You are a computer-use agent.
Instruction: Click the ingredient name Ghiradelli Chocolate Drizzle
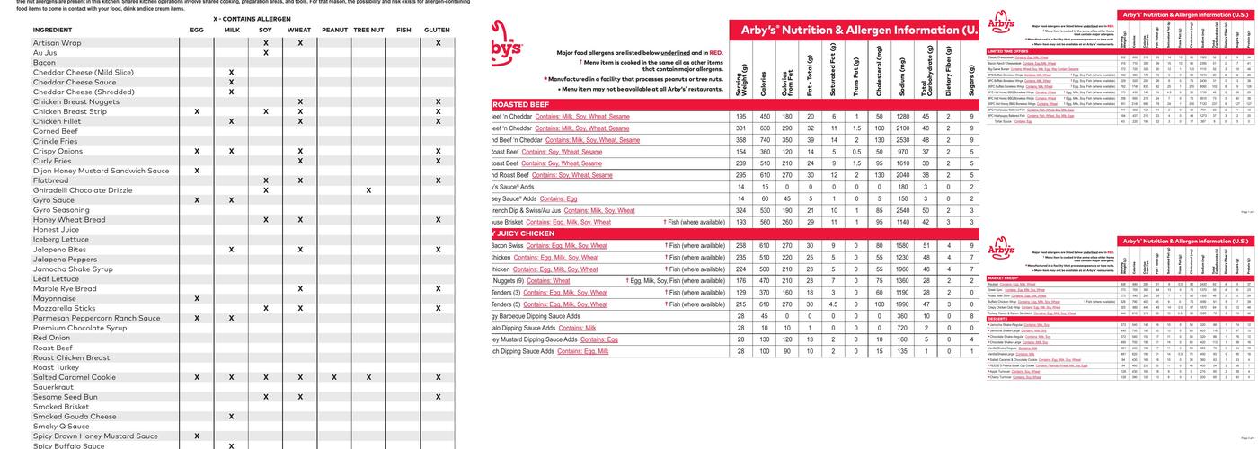[x=82, y=190]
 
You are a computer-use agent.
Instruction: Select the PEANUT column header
[x=334, y=30]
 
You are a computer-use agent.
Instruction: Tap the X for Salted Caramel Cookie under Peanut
[x=334, y=377]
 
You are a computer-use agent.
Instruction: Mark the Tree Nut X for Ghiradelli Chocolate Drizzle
[x=368, y=190]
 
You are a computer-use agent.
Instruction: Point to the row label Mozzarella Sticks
[x=64, y=308]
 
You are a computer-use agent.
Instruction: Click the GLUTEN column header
[x=437, y=30]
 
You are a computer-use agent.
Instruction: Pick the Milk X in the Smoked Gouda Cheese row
[x=231, y=417]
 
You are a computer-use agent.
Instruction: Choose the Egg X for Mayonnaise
[x=197, y=298]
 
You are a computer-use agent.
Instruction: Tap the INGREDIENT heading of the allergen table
[x=52, y=30]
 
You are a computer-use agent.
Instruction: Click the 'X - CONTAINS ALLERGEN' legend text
[x=252, y=18]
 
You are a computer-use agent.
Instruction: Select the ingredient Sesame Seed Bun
[x=66, y=397]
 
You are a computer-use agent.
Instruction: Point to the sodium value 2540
[x=902, y=210]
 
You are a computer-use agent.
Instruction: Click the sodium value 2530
[x=902, y=140]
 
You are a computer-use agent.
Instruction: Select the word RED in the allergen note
[x=715, y=53]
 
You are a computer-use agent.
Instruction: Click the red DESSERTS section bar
[x=997, y=318]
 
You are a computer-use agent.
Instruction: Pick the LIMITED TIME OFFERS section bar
[x=1006, y=51]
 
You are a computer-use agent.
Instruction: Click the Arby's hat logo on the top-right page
[x=1001, y=22]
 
